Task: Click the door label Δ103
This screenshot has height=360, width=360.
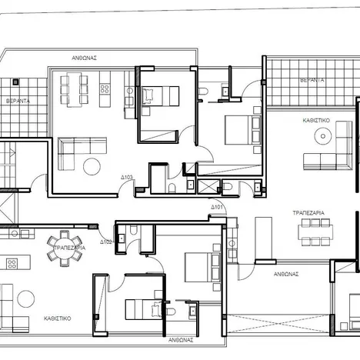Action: [x=127, y=178]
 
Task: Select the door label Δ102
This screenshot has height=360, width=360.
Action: [x=105, y=241]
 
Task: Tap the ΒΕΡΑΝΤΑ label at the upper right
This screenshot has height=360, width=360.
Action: [x=312, y=79]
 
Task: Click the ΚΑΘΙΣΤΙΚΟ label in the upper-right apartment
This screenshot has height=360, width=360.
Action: [x=317, y=120]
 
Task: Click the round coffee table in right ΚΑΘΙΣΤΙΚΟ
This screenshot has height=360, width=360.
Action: [x=325, y=137]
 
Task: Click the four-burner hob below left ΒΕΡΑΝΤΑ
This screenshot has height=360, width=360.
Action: [x=12, y=263]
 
